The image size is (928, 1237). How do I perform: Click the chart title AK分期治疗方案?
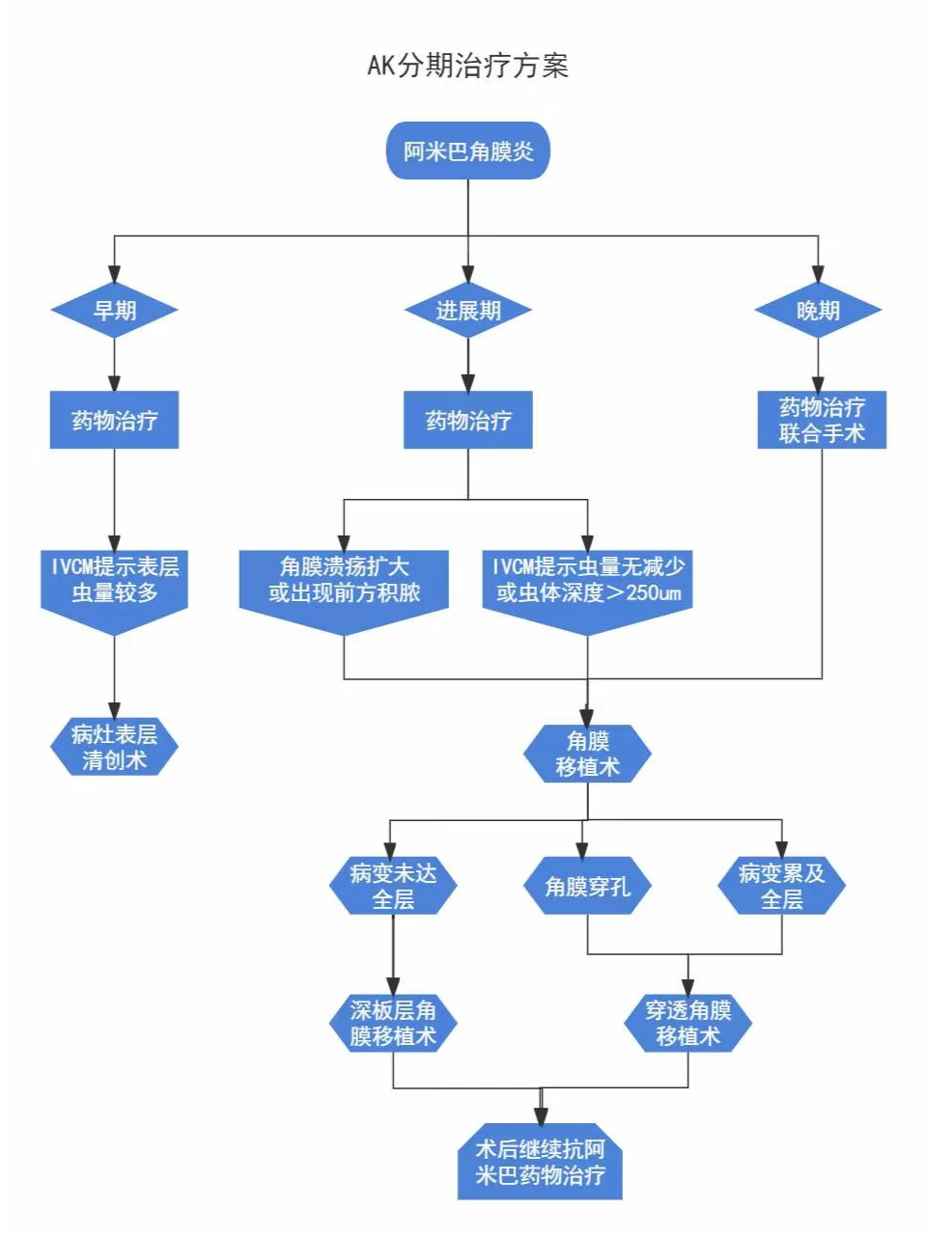(x=467, y=66)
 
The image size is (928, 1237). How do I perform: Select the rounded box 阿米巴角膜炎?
(x=467, y=151)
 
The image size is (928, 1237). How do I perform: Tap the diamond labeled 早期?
(x=115, y=310)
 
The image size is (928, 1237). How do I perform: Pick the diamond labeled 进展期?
(x=468, y=310)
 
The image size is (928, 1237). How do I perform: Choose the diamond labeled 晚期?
(x=818, y=310)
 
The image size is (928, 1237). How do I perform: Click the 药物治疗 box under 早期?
(x=115, y=420)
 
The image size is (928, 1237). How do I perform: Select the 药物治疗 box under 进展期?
(x=468, y=420)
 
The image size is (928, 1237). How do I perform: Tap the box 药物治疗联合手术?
(x=822, y=420)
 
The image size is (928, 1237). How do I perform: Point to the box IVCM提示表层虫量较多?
(x=115, y=591)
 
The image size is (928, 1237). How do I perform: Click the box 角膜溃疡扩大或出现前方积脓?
(x=344, y=591)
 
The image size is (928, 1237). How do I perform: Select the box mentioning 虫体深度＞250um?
(x=587, y=591)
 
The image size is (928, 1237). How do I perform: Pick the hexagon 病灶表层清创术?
(x=115, y=747)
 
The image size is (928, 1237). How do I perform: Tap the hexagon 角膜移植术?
(x=587, y=754)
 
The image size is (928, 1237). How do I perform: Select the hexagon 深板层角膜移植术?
(x=393, y=1023)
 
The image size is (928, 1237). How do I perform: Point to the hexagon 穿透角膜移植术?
(x=688, y=1023)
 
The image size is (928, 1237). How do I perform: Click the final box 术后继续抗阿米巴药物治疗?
(x=540, y=1161)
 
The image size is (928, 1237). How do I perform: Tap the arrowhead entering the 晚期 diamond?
(x=818, y=274)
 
